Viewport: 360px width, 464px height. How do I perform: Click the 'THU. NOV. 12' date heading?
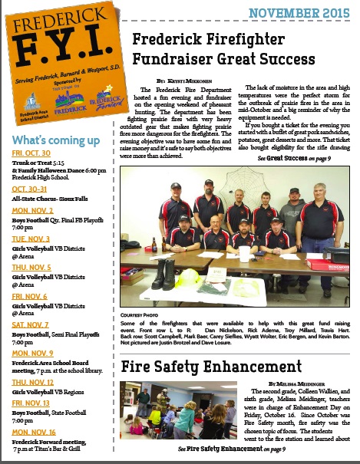pyautogui.click(x=32, y=382)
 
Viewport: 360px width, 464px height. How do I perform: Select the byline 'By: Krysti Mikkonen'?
pyautogui.click(x=182, y=80)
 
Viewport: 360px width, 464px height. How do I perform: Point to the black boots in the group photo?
pyautogui.click(x=163, y=274)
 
